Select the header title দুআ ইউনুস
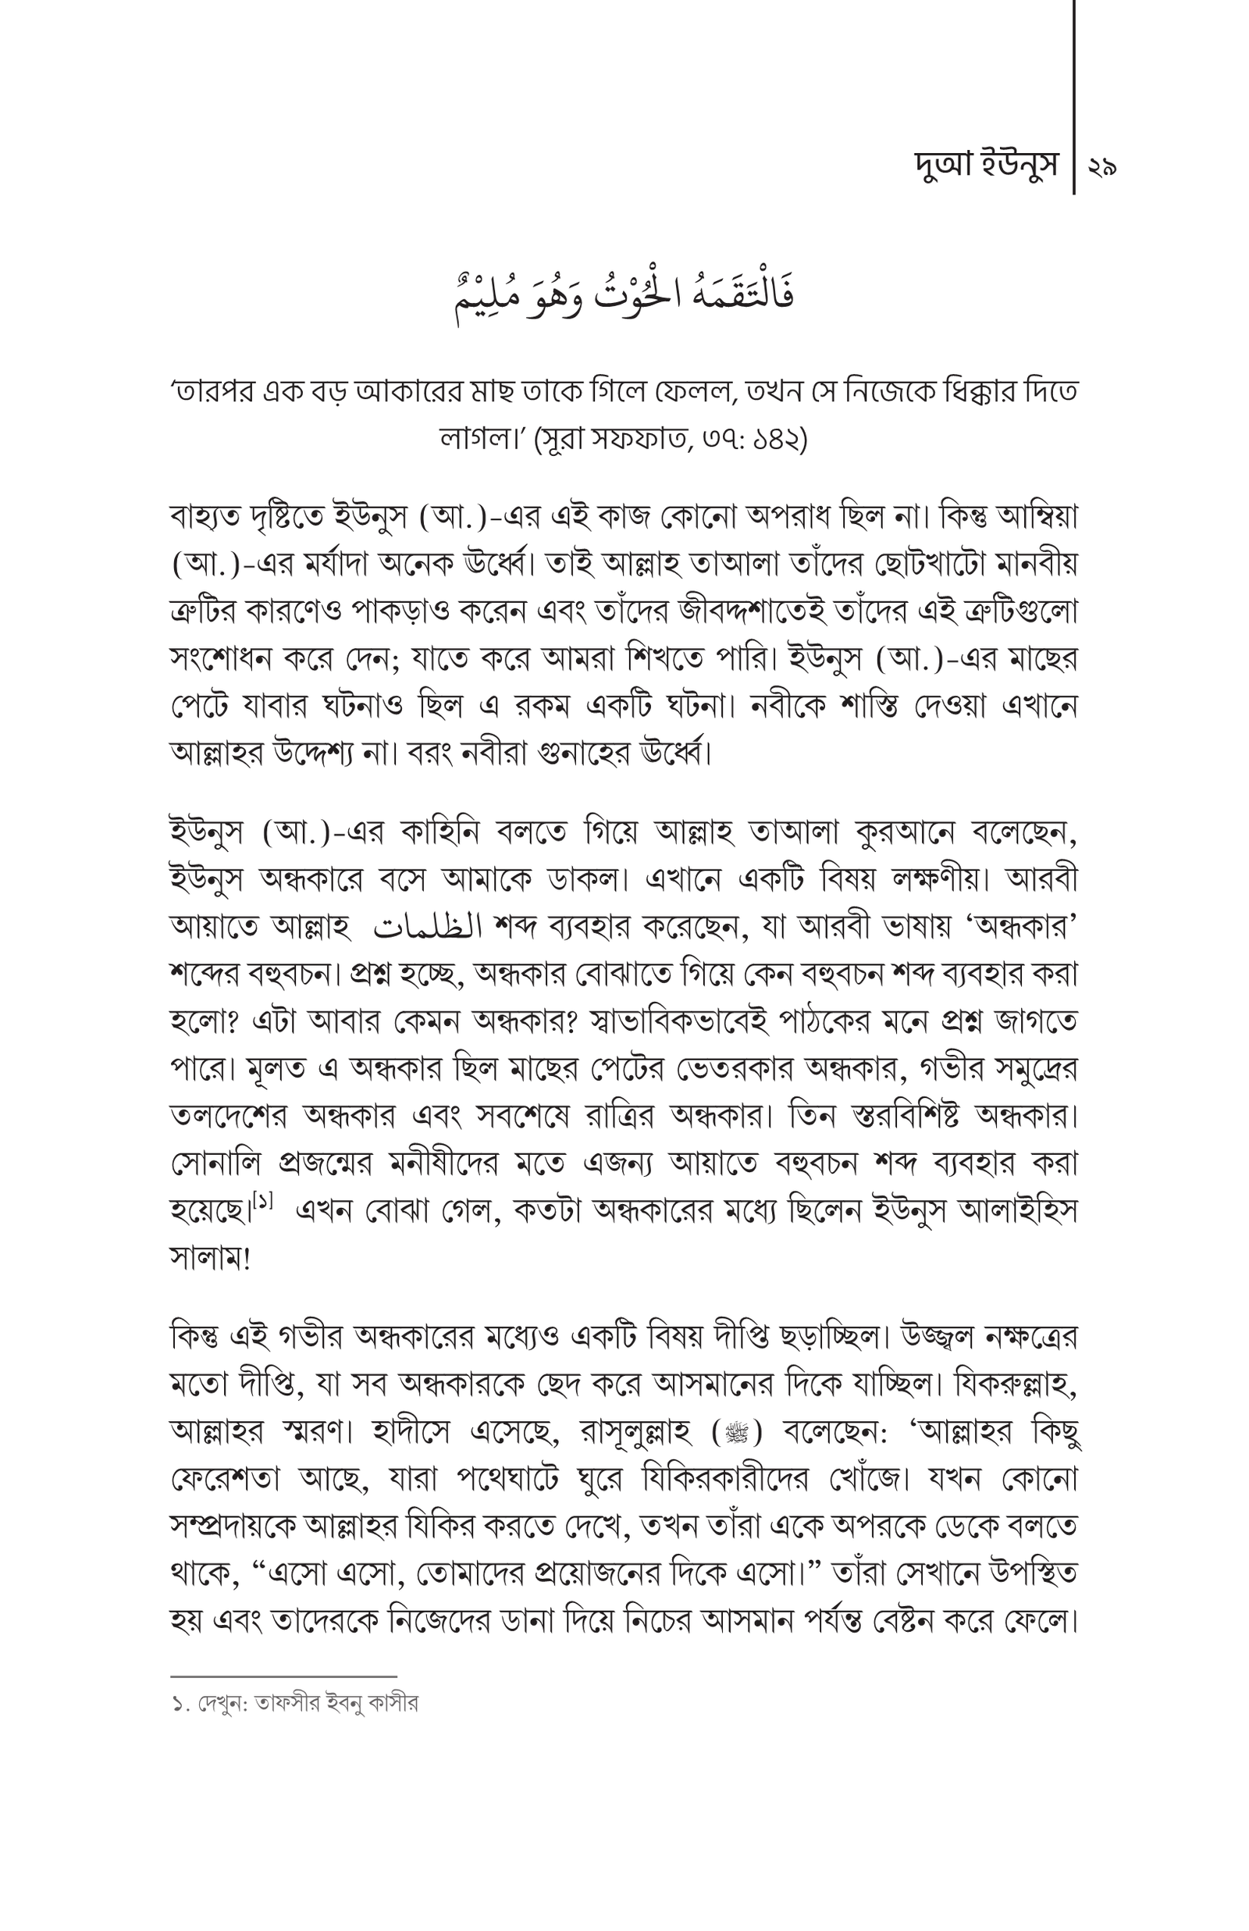[986, 166]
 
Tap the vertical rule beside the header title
[1074, 98]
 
